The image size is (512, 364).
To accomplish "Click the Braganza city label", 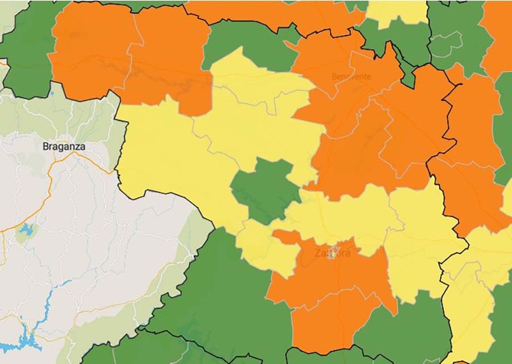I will (x=64, y=146).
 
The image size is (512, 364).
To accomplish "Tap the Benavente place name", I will (x=351, y=77).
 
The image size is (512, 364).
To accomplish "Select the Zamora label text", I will (x=332, y=253).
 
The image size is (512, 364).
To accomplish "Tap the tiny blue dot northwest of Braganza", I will (x=52, y=93).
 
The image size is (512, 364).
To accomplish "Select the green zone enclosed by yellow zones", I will (x=266, y=189).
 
